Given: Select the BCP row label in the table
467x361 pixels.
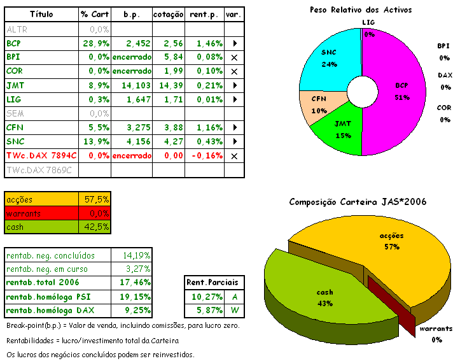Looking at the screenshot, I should (14, 44).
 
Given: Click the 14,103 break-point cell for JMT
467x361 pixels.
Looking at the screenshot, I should (132, 85).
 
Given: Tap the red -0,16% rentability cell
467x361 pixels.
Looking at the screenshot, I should (204, 155).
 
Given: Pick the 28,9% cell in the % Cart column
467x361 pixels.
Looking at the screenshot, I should (95, 44).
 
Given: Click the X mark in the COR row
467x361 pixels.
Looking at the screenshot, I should (234, 71).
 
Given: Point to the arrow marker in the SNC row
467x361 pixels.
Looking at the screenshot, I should (234, 141).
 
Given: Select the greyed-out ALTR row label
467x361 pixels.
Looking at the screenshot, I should (16, 29).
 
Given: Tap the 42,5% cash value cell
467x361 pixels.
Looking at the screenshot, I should (96, 227).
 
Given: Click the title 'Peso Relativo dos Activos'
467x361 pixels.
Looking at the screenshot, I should (360, 10).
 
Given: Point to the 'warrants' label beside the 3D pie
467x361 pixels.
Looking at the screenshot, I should (436, 329).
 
